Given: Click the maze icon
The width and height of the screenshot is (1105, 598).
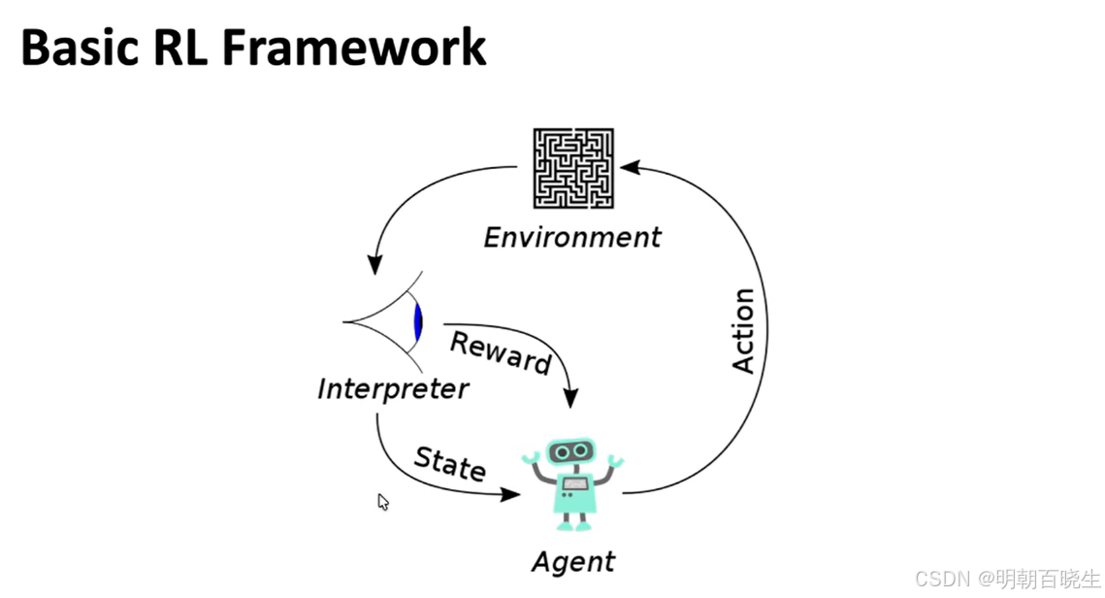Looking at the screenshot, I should (x=572, y=168).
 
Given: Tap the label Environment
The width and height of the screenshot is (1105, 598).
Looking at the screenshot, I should (x=572, y=237).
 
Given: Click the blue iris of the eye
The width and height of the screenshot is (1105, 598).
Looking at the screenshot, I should (x=418, y=321).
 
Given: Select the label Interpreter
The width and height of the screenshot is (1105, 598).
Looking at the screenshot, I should (x=393, y=389).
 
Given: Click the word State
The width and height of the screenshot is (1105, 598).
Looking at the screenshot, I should (x=450, y=463).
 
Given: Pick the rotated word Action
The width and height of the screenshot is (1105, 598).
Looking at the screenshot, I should (x=743, y=330).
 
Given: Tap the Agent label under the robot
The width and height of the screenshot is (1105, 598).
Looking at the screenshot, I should (x=573, y=561).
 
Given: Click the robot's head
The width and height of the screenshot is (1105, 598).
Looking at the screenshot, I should (x=571, y=451).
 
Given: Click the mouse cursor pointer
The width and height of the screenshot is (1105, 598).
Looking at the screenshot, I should (x=382, y=501).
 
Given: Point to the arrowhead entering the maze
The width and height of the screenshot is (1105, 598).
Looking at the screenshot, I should (x=629, y=167).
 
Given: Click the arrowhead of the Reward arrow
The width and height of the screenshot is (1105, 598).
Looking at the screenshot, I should (x=570, y=398).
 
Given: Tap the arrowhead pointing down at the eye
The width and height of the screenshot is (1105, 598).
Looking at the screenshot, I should (x=374, y=263).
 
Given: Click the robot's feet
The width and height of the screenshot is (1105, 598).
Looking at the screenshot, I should (x=572, y=525).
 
